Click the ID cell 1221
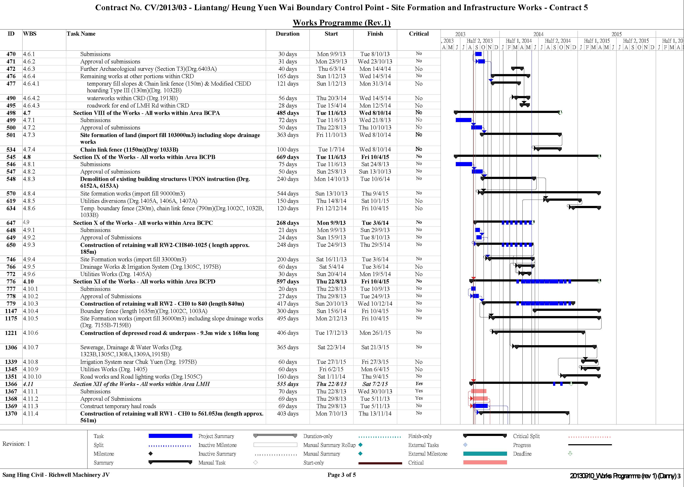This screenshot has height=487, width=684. point(11,333)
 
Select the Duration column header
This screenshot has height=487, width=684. point(287,34)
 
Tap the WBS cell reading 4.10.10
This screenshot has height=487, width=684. point(32,377)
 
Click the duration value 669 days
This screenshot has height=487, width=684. point(287,157)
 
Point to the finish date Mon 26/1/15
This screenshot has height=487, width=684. point(375,333)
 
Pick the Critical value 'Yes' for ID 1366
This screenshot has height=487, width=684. point(419,384)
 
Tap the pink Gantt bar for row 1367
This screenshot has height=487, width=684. point(478,391)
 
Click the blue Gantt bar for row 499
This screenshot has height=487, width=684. point(463,120)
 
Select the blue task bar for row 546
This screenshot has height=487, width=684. point(464,164)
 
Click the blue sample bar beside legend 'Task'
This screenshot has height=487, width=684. point(170,436)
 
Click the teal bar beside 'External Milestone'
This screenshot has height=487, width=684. point(485,454)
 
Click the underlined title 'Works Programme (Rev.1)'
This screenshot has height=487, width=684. point(342,23)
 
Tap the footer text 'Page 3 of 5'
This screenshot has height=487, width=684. point(342,475)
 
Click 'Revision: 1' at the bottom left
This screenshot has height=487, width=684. point(16,444)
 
